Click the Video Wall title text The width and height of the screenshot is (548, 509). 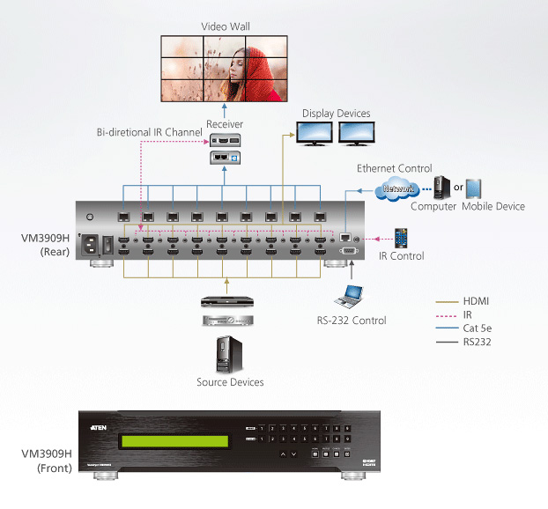point(225,26)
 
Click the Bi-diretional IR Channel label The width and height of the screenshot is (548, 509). point(149,132)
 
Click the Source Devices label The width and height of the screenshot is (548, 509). point(230,382)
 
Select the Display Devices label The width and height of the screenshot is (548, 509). point(336,114)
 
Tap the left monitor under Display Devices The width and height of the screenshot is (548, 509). point(315,133)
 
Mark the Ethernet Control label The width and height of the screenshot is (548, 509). point(394,168)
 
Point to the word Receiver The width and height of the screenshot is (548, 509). point(225,124)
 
